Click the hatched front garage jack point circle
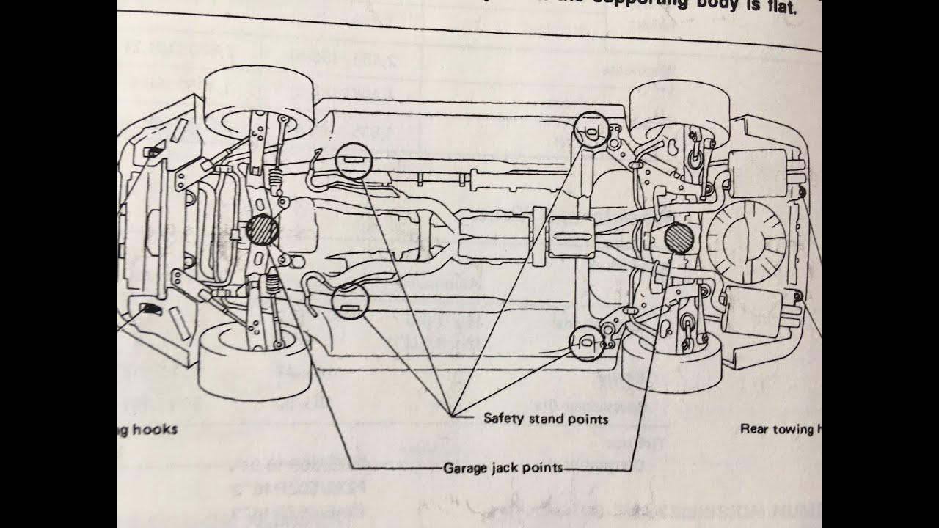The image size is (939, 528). pyautogui.click(x=262, y=230)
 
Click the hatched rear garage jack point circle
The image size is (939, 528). pyautogui.click(x=677, y=238)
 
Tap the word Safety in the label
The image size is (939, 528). pyautogui.click(x=502, y=419)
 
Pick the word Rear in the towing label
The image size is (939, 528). pyautogui.click(x=756, y=429)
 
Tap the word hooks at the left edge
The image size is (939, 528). pyautogui.click(x=155, y=429)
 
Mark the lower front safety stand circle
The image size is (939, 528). pyautogui.click(x=349, y=301)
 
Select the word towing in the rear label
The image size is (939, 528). pyautogui.click(x=794, y=429)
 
